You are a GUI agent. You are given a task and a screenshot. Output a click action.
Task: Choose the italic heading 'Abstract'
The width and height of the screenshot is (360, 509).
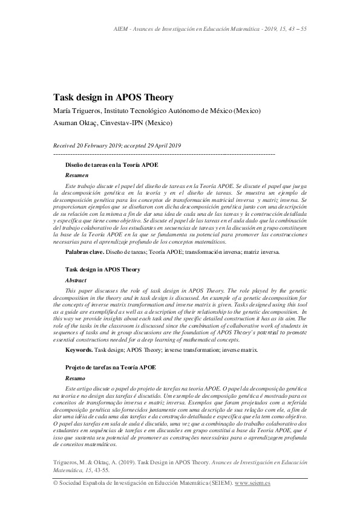point(76,280)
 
